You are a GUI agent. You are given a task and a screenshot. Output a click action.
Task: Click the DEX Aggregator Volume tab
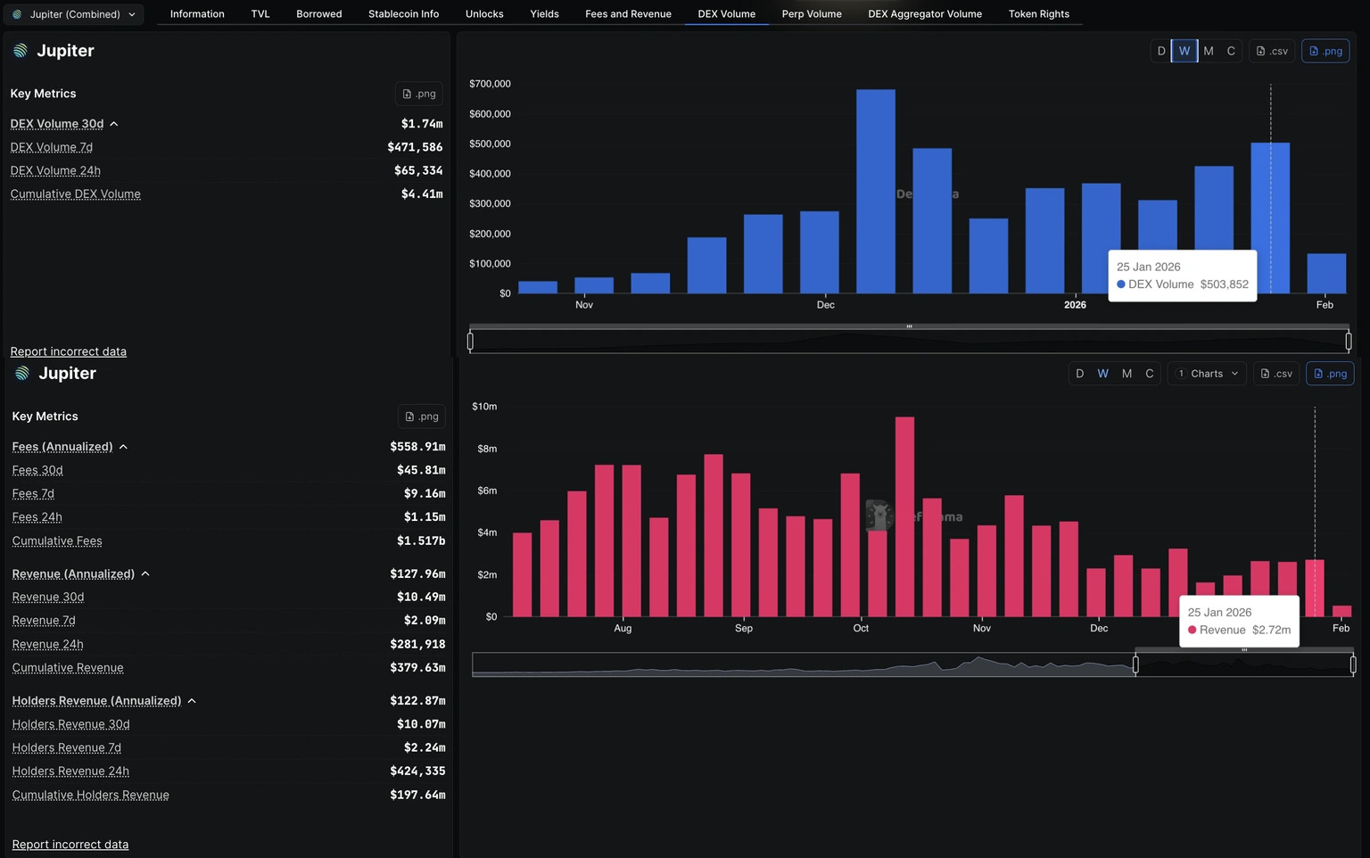tap(924, 14)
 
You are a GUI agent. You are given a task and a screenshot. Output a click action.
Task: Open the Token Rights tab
tap(1038, 14)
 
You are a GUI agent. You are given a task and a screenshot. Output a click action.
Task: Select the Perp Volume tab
tap(811, 14)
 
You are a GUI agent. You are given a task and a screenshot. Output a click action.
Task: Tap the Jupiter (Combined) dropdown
tap(74, 14)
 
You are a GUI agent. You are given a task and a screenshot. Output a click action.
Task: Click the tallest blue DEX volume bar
tap(875, 191)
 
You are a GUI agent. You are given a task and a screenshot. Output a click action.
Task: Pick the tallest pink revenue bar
tap(904, 516)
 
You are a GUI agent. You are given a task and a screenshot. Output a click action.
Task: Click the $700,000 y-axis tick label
tap(490, 84)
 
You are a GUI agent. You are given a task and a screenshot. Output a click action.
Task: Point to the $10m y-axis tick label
tap(484, 407)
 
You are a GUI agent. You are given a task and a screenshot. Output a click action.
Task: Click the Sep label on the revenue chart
tap(744, 629)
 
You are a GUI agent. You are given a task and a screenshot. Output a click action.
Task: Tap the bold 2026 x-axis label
tap(1075, 305)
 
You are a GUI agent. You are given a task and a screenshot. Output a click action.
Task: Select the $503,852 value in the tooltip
tap(1224, 285)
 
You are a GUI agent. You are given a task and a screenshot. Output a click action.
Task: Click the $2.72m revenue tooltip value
tap(1271, 630)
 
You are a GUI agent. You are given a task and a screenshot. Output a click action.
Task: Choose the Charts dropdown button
tap(1207, 374)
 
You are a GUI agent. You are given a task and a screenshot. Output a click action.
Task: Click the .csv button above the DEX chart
tap(1272, 51)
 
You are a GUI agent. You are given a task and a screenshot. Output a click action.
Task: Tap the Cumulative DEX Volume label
tap(76, 194)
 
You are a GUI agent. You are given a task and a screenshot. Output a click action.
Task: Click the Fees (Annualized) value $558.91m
tap(417, 447)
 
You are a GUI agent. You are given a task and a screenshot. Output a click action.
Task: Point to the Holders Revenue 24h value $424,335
tap(417, 771)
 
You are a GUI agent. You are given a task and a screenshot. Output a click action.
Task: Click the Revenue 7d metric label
tap(44, 621)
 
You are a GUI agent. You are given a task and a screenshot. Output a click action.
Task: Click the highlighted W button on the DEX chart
tap(1184, 51)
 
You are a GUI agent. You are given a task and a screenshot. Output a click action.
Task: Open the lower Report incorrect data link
tap(70, 845)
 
